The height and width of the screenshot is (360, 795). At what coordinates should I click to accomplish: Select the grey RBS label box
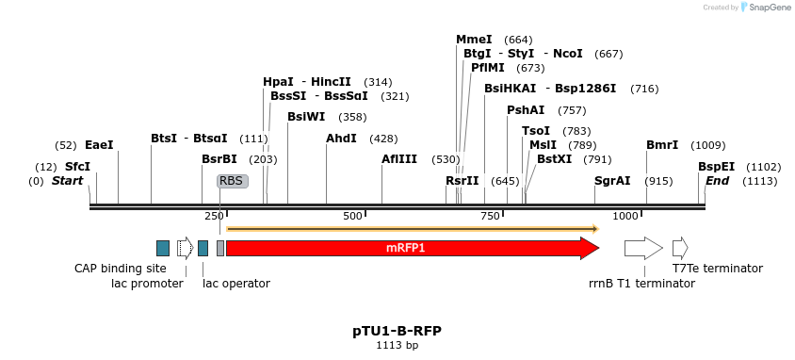(x=232, y=181)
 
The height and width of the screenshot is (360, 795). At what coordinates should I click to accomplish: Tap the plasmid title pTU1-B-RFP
(x=397, y=331)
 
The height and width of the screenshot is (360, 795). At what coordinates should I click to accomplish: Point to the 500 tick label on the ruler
(x=352, y=217)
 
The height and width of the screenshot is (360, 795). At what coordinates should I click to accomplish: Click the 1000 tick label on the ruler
(x=626, y=217)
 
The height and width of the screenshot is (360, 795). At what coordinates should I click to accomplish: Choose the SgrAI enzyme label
(x=612, y=181)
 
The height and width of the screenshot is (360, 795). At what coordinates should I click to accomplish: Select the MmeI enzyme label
(x=474, y=40)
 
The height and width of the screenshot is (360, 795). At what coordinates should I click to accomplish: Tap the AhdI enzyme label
(x=341, y=139)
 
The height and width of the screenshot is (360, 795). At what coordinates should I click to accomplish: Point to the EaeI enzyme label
(x=99, y=145)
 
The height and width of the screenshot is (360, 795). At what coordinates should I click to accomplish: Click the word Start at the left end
(x=67, y=181)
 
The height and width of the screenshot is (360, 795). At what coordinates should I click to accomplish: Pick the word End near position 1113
(x=717, y=181)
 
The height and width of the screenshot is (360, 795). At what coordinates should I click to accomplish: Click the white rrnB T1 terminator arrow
(x=643, y=248)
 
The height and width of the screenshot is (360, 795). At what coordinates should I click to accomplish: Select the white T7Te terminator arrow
(x=680, y=248)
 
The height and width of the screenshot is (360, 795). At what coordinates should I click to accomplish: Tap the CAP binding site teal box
(x=163, y=248)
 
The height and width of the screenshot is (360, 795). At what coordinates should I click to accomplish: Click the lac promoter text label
(x=147, y=283)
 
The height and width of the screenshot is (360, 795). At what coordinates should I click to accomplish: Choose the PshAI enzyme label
(x=526, y=110)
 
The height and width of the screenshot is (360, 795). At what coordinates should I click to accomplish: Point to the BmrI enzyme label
(x=662, y=145)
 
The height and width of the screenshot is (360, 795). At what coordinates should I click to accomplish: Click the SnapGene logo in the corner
(x=764, y=8)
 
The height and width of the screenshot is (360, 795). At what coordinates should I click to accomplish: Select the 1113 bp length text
(x=397, y=346)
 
